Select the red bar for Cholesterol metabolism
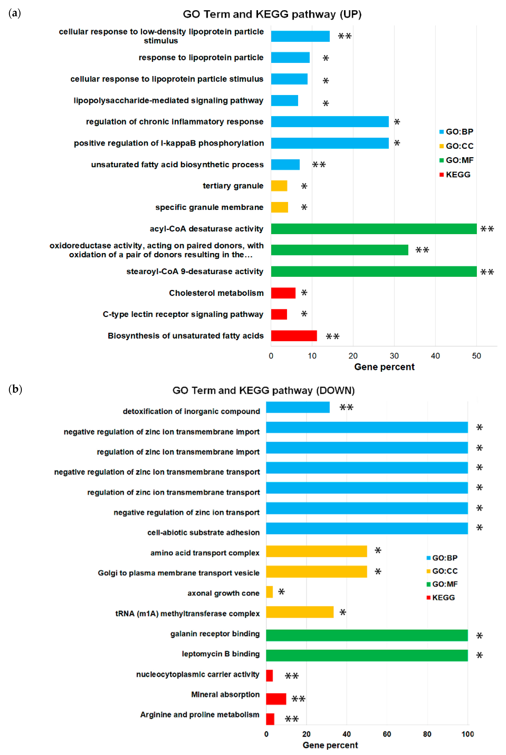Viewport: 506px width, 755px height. click(x=283, y=293)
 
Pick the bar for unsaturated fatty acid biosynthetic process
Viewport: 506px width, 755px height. click(x=285, y=164)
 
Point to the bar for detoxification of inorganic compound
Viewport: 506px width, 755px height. click(x=298, y=407)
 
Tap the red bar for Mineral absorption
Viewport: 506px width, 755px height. click(x=276, y=699)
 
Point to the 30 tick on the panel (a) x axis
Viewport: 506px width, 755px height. click(x=394, y=356)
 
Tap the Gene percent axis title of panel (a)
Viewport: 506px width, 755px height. click(x=384, y=367)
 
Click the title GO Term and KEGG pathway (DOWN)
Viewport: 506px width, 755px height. click(x=263, y=390)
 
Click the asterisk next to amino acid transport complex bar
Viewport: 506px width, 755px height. click(x=378, y=550)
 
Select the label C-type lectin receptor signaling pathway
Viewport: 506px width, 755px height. click(x=183, y=314)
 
